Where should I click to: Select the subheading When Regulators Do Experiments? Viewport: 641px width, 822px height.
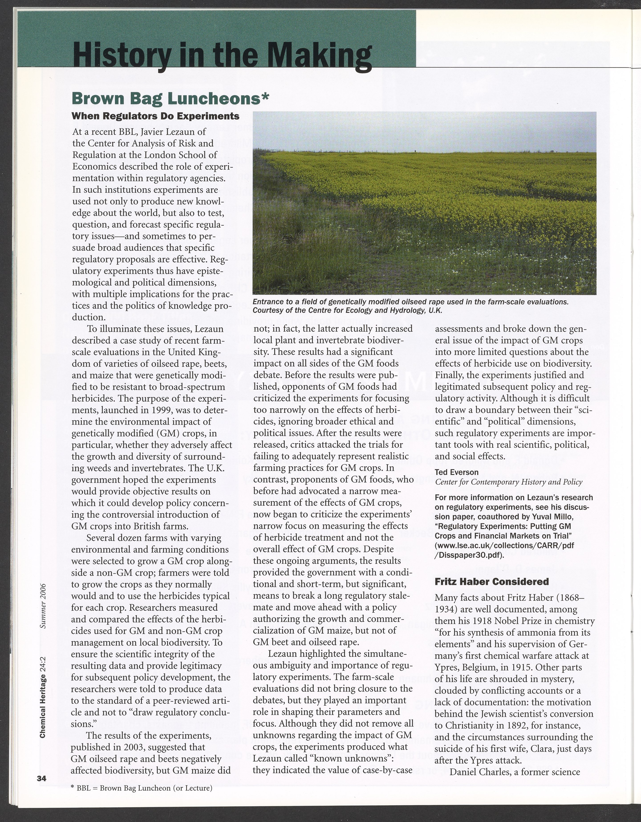(x=155, y=116)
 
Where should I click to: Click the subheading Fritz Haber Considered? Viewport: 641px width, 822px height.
(x=492, y=581)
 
